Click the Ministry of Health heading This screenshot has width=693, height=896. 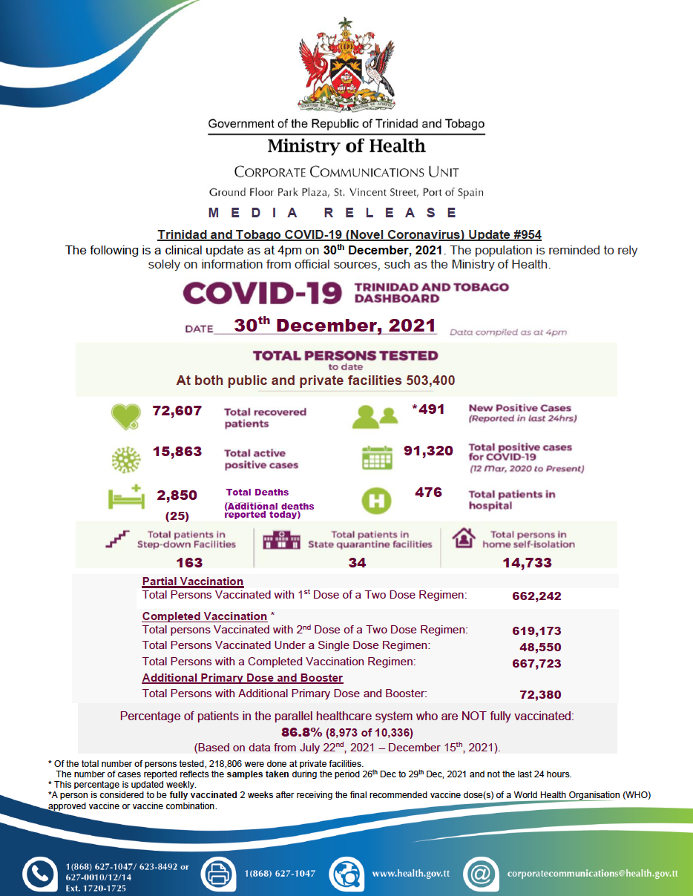(346, 146)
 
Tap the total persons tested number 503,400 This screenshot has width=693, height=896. (430, 381)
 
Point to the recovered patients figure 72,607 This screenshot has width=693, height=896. (177, 411)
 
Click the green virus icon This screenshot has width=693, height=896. (125, 458)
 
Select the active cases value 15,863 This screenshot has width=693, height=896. (177, 452)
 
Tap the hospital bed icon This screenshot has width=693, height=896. (125, 498)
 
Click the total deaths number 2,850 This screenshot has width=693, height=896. (177, 495)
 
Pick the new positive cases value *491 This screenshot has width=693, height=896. (428, 409)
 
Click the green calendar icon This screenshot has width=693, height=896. (377, 458)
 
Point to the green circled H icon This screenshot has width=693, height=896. (376, 500)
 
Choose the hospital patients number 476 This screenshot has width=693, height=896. (428, 493)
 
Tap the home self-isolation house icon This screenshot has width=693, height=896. (464, 538)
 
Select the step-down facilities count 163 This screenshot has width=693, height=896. (189, 563)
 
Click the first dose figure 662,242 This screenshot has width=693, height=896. (536, 596)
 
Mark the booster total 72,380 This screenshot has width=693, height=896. (541, 695)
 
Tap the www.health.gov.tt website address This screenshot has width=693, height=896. (410, 874)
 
